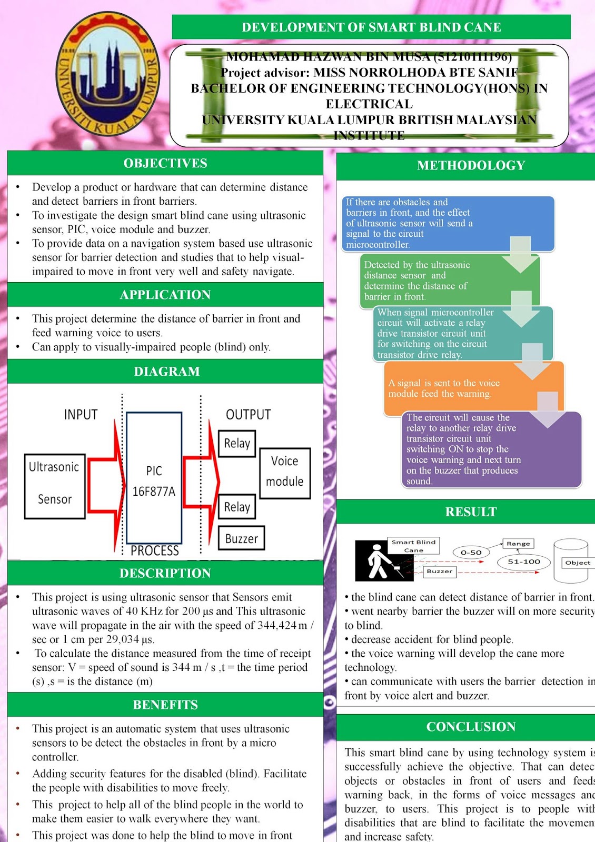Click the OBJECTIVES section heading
click(x=165, y=163)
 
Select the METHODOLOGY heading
click(x=471, y=165)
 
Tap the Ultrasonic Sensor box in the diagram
click(x=55, y=486)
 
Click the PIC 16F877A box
click(x=154, y=478)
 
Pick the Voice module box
click(x=285, y=473)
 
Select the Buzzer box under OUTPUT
click(x=241, y=538)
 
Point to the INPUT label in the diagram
click(x=81, y=415)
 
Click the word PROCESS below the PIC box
click(x=155, y=550)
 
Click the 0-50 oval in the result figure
click(x=471, y=552)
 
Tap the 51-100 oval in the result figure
click(x=524, y=562)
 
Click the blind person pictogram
click(x=376, y=560)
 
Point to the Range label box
click(x=518, y=543)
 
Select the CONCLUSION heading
click(x=471, y=727)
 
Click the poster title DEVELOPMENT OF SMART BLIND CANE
click(x=371, y=27)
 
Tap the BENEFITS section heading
click(x=165, y=705)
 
